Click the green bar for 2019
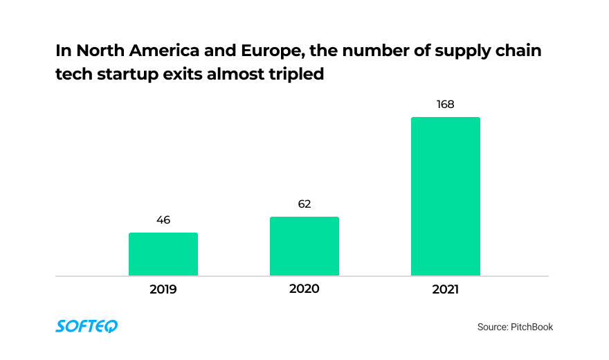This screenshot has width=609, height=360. coord(163,254)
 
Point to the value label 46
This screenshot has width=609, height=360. coord(163,220)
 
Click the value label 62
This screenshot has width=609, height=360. coord(304,204)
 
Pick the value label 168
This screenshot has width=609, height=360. coord(445,105)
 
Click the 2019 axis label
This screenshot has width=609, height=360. coord(163,289)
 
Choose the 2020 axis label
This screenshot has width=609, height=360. coord(304,289)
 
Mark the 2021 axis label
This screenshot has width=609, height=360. coord(445,289)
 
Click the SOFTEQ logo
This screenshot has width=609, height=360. coord(87,326)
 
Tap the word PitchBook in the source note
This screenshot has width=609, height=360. coord(532,327)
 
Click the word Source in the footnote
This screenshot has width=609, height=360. coord(493,327)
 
